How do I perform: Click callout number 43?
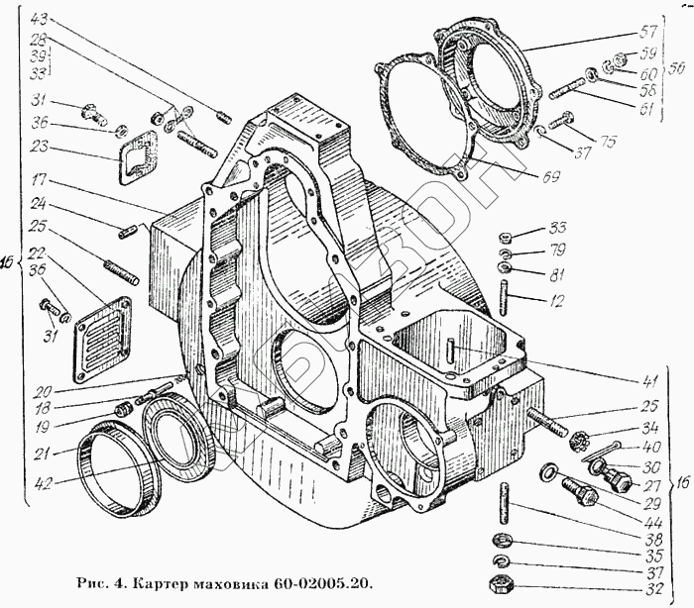(x=38, y=19)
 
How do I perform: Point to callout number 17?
(x=38, y=181)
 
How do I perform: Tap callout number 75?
(x=606, y=142)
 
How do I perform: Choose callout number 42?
(x=40, y=484)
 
